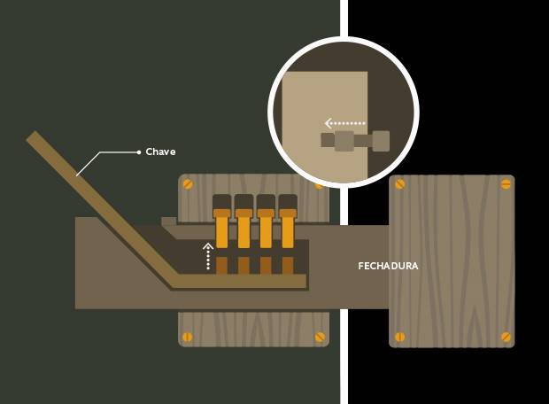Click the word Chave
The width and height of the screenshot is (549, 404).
click(x=160, y=152)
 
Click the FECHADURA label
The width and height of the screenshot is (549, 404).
click(x=388, y=266)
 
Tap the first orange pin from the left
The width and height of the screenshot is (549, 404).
click(x=221, y=229)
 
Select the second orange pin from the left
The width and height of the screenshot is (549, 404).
click(x=244, y=229)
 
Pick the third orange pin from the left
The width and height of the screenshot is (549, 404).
click(x=266, y=229)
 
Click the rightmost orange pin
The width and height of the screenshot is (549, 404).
click(x=288, y=229)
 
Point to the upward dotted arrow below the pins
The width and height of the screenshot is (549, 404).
click(x=208, y=255)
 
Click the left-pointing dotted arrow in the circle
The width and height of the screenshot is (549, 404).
click(x=344, y=123)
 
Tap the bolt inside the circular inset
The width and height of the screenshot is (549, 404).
click(x=354, y=140)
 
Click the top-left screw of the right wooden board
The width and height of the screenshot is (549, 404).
click(x=400, y=184)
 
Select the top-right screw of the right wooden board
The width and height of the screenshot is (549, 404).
click(x=506, y=184)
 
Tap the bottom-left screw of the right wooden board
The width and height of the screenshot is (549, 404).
click(x=400, y=337)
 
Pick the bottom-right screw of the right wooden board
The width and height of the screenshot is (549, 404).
click(x=506, y=337)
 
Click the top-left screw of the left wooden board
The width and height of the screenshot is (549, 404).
click(x=189, y=185)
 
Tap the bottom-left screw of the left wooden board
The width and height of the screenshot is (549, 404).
click(x=189, y=337)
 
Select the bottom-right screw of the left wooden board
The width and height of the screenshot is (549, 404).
click(x=320, y=337)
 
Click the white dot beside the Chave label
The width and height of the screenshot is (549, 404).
click(x=139, y=152)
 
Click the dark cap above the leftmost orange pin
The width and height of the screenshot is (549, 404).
click(x=221, y=201)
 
